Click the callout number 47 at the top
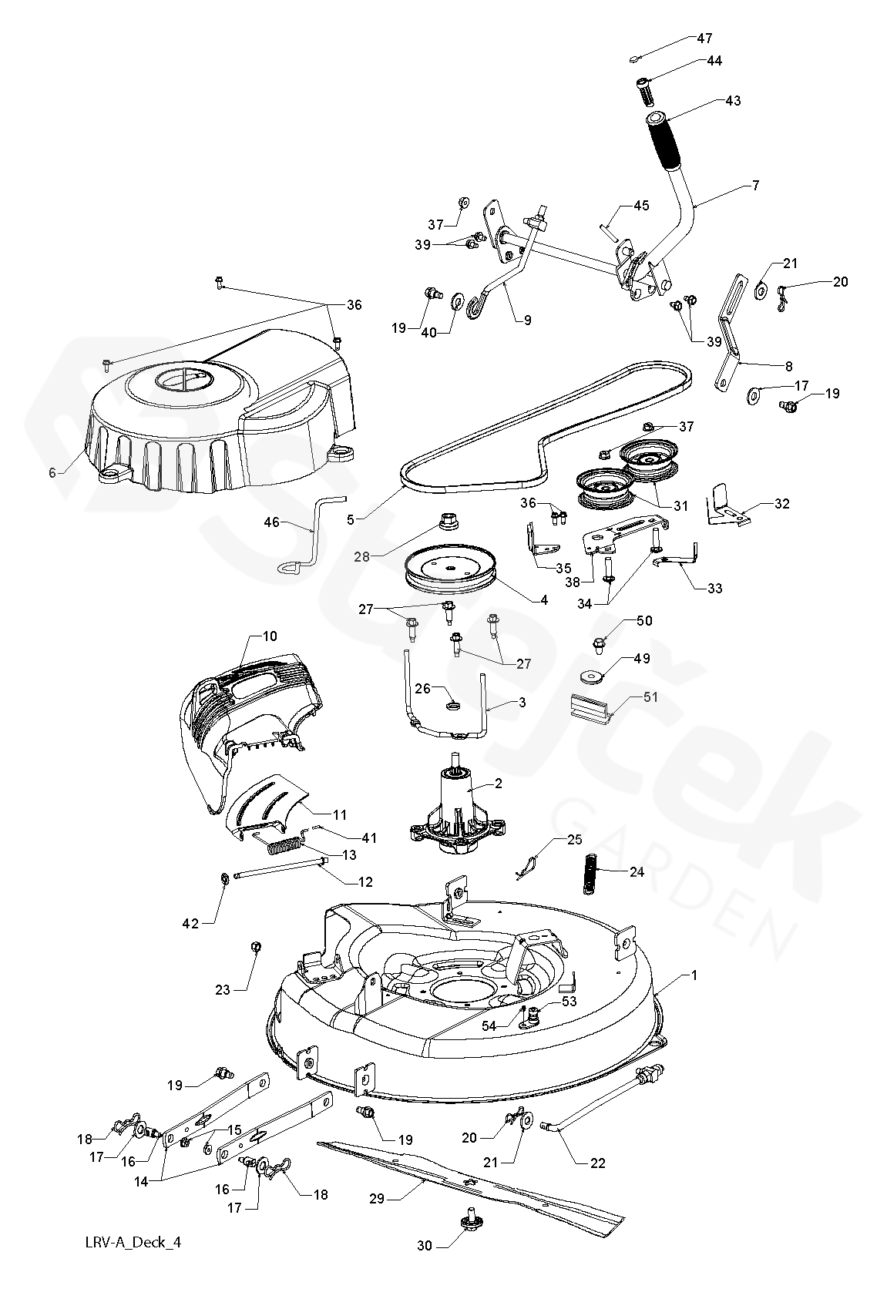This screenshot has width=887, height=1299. [704, 38]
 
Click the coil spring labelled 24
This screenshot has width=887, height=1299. [591, 872]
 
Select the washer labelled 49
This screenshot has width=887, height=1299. [590, 676]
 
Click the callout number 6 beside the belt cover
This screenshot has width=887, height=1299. [52, 473]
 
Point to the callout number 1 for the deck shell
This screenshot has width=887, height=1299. [694, 975]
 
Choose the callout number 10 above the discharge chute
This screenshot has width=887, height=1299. [269, 637]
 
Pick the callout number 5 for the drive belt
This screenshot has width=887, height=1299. [351, 520]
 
